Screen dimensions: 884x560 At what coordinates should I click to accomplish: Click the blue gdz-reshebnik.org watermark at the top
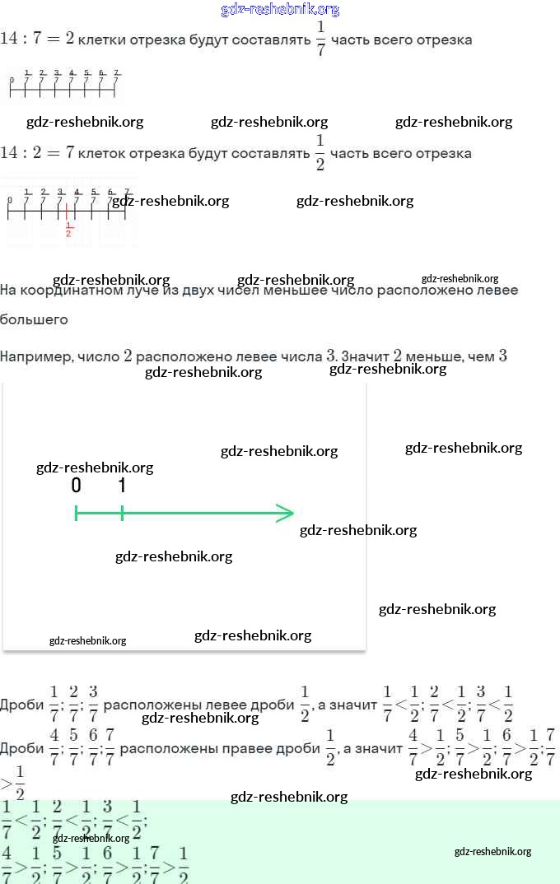tap(280, 9)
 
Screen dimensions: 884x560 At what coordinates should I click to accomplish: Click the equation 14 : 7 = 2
tap(37, 39)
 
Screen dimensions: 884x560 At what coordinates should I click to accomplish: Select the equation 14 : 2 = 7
tap(37, 152)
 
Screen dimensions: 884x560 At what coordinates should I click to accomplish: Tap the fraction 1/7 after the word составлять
tap(320, 39)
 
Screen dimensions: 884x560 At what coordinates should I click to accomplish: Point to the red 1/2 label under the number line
tap(68, 230)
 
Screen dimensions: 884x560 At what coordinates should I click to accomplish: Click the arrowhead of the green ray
tap(286, 514)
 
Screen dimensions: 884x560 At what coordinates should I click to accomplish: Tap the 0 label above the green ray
tap(76, 486)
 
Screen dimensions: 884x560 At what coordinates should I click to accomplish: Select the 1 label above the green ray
tap(122, 486)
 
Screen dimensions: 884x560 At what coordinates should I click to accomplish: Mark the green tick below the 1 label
tap(122, 514)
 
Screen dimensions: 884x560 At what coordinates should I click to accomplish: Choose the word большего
tap(34, 319)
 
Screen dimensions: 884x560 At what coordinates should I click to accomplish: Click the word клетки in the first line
tap(101, 40)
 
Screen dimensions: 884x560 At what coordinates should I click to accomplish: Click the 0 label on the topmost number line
tap(11, 81)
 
